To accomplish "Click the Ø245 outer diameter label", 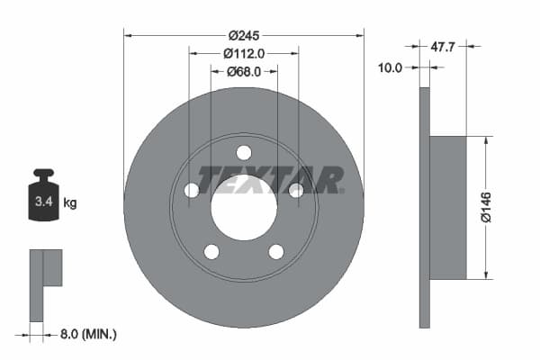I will click(244, 35).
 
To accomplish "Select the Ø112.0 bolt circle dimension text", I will click(244, 53).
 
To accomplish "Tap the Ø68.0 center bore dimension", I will click(244, 71).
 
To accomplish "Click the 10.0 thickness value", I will click(390, 67).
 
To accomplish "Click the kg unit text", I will click(70, 203).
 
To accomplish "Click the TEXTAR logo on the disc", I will click(271, 179).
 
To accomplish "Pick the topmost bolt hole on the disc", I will click(244, 152).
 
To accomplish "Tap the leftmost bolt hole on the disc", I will click(192, 190).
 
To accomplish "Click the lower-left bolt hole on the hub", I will click(211, 252).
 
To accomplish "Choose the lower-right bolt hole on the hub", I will click(276, 252).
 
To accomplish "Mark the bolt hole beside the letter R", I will click(296, 190).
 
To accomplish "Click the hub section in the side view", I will click(447, 207).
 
